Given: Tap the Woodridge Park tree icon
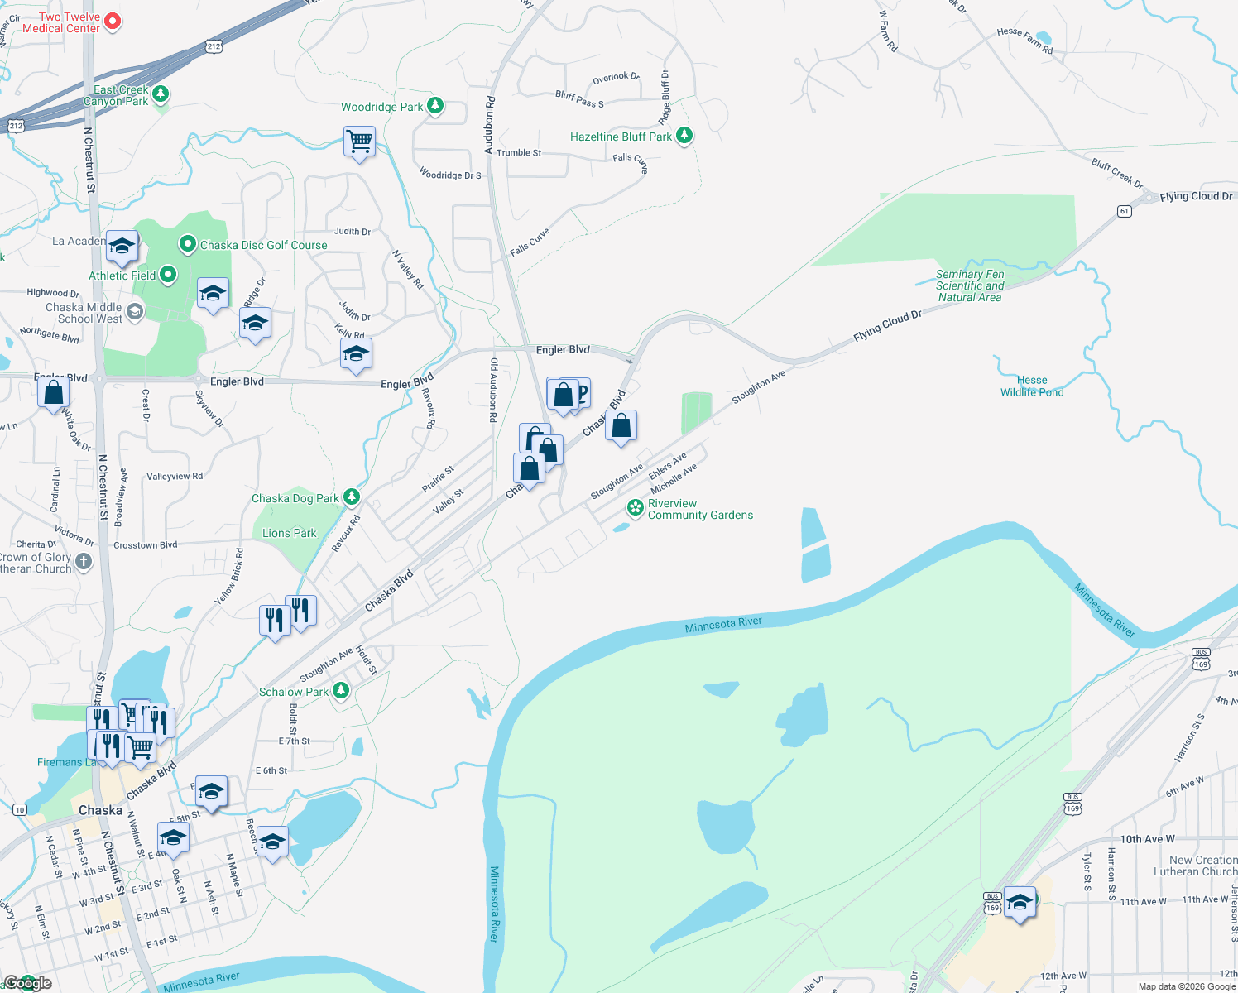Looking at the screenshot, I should click(435, 106).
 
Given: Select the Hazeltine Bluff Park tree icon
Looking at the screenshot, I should click(684, 136).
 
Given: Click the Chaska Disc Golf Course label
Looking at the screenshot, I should click(263, 245).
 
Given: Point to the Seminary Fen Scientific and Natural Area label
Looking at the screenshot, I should click(970, 285).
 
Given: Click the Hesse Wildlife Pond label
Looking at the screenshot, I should click(1032, 386).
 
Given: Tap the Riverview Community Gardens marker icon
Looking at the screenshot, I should click(636, 507).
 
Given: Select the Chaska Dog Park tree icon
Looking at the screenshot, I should click(352, 496).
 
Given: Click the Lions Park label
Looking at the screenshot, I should click(289, 533).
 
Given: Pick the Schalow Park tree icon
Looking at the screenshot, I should click(340, 691).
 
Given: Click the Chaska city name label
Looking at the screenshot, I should click(100, 810).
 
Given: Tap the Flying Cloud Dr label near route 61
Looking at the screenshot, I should click(1196, 196).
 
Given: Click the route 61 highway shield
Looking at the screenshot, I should click(1124, 211).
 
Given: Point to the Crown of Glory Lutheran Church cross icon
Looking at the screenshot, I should click(84, 562).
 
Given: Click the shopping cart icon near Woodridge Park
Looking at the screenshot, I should click(360, 142).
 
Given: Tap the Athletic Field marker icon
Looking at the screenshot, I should click(168, 275).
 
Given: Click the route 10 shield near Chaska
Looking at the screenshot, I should click(20, 809).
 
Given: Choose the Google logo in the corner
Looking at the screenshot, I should click(27, 983).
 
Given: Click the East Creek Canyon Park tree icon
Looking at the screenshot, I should click(161, 94).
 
